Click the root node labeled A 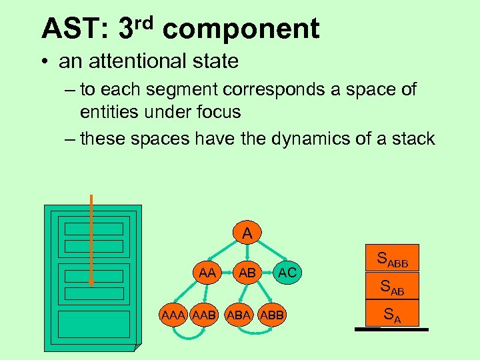tap(247, 234)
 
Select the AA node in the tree tap(207, 273)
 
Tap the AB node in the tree tap(247, 273)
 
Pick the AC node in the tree tap(287, 273)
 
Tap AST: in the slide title tap(74, 29)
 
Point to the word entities tap(115, 111)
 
